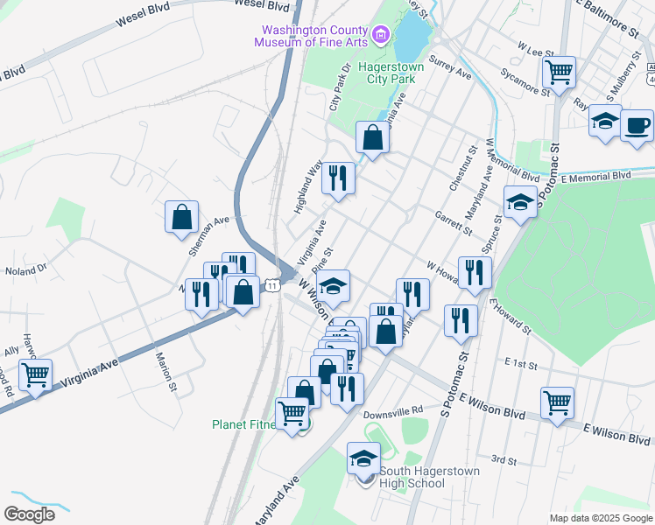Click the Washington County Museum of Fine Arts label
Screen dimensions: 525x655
tap(310, 32)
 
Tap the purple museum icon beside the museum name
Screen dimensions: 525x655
tap(380, 35)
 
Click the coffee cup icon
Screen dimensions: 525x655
tap(637, 124)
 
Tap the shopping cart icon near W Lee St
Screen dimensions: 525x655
tap(559, 72)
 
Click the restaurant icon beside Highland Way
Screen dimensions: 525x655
tap(337, 178)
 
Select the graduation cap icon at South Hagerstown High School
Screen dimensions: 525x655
tap(363, 458)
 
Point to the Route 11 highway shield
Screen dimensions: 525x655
tap(273, 285)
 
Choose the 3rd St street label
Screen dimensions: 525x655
tap(504, 459)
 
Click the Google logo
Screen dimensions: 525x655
tap(29, 514)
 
